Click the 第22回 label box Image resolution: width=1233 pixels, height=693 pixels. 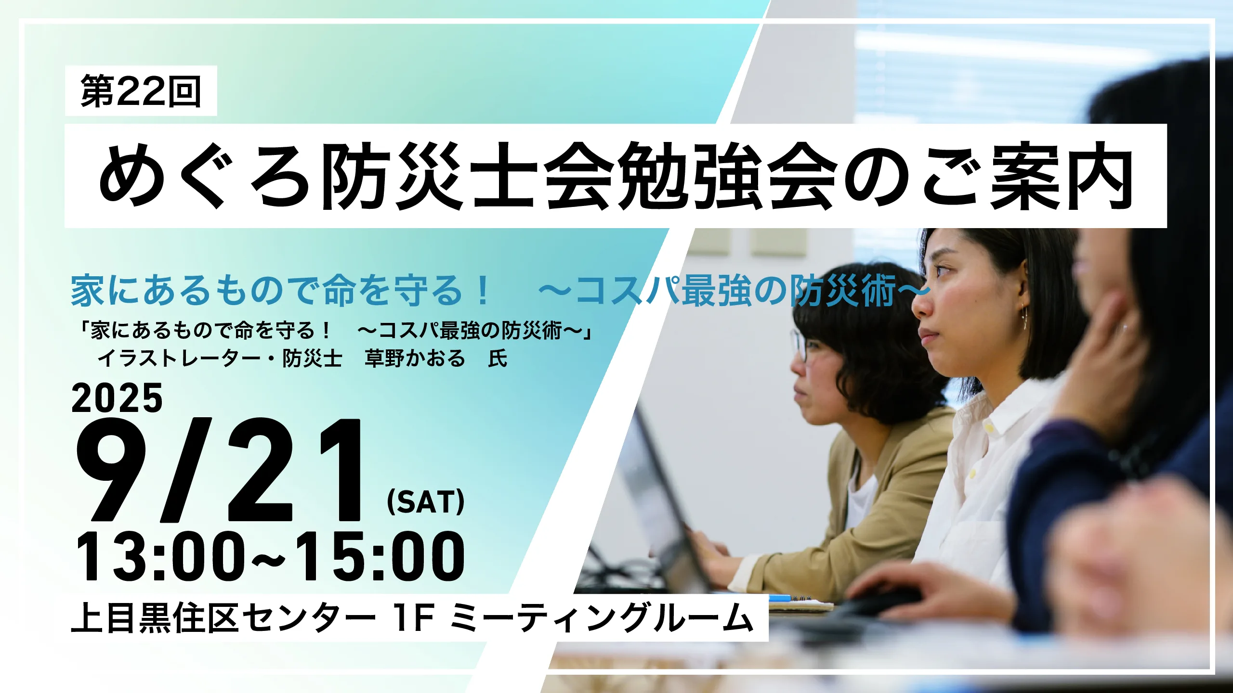141,90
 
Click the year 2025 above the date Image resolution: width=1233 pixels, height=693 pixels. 117,398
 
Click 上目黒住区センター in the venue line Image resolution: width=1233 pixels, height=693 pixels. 223,617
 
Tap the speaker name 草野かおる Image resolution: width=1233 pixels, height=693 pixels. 415,359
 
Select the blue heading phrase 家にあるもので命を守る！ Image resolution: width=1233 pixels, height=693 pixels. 281,291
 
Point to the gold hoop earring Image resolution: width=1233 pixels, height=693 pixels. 1023,318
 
